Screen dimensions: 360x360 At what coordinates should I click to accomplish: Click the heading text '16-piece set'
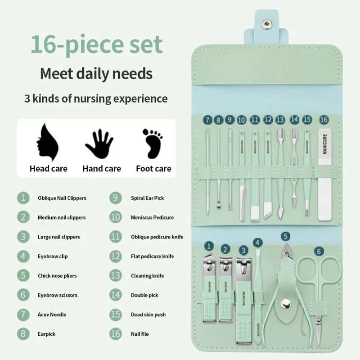coord(96,45)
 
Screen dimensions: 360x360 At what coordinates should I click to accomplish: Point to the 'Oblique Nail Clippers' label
coord(62,198)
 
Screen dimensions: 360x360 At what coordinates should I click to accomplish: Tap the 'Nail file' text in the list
coord(139,334)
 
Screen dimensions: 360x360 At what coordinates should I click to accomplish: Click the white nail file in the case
coord(324,175)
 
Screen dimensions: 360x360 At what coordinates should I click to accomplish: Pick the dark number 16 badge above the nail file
coord(324,120)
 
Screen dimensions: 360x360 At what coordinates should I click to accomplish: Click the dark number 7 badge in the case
coord(207,120)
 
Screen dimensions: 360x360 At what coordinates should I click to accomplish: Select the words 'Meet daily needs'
coord(96,73)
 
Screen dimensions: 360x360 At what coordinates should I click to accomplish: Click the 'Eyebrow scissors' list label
coord(58,295)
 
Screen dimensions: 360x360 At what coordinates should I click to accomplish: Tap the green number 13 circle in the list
coord(115,275)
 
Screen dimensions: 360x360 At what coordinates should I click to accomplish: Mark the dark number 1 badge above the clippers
coord(208,246)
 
